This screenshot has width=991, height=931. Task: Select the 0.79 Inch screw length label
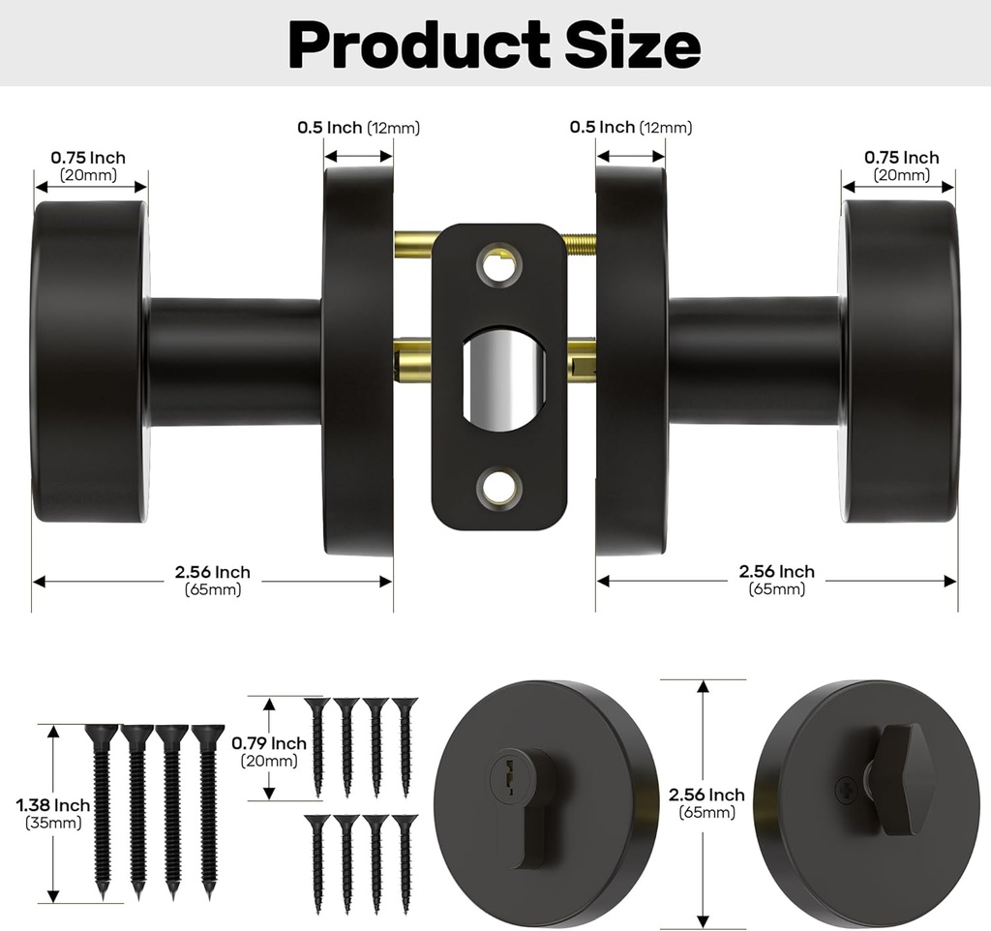coord(268,743)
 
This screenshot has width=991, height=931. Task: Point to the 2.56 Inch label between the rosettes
coord(706,796)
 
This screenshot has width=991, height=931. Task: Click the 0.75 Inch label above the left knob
coord(88,158)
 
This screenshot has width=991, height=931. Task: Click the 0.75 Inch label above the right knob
coord(901,158)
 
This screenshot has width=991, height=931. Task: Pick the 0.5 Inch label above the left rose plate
coord(329,128)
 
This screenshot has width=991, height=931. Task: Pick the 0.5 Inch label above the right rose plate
coord(601,128)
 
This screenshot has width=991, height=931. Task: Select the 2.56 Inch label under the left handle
coord(213,573)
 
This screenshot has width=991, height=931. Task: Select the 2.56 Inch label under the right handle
coord(776,572)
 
